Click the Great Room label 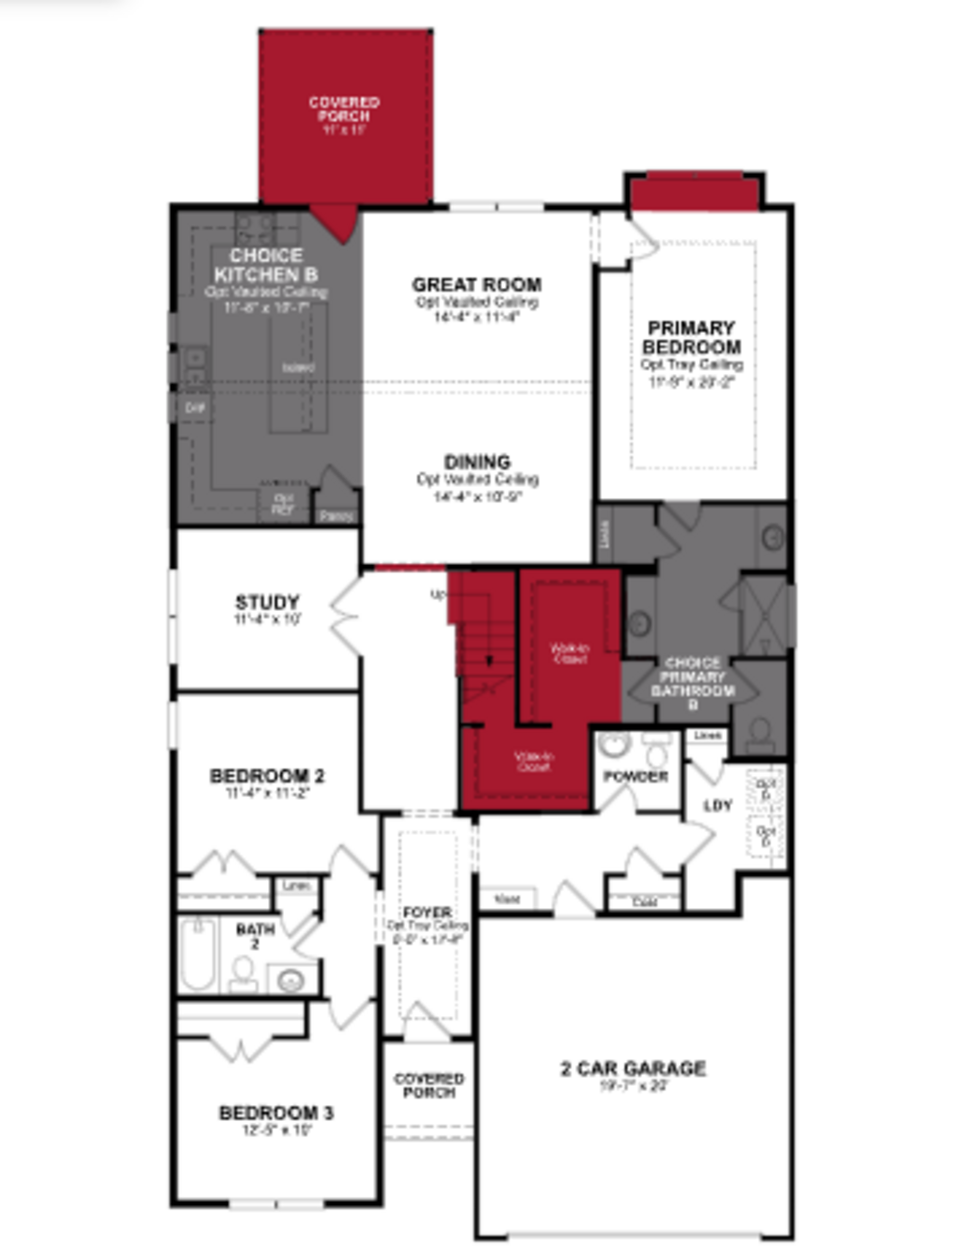click(x=477, y=285)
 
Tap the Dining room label click(x=477, y=462)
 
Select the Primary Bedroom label click(x=691, y=338)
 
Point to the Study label click(x=267, y=602)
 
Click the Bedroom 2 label click(x=267, y=776)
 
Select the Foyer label click(x=427, y=912)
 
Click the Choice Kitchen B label click(x=266, y=265)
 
